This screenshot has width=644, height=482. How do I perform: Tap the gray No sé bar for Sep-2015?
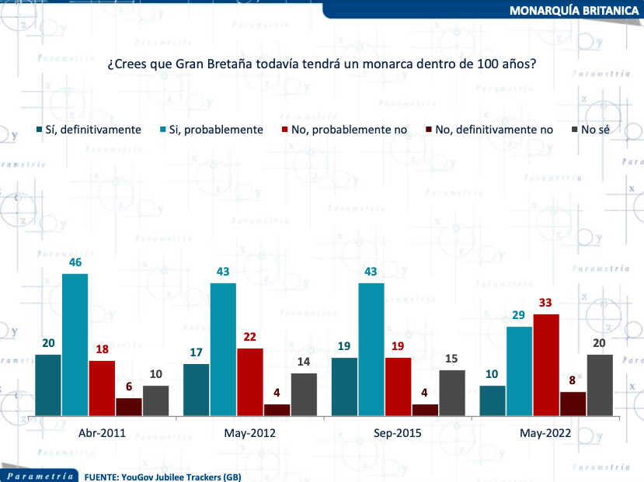coord(451,393)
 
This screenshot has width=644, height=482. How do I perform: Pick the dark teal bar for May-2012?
coord(197,390)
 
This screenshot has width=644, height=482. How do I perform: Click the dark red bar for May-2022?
coord(573,404)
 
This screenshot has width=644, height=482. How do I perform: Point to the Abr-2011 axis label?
coord(103,433)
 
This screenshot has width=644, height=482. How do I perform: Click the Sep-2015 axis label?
coord(399,433)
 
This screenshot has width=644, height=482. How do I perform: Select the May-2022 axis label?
coord(546,433)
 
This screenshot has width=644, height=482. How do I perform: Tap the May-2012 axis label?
coord(250,433)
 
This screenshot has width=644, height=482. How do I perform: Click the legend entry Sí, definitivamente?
coord(92,130)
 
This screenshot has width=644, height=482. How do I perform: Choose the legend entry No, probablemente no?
coord(349,130)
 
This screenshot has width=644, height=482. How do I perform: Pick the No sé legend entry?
coord(594,130)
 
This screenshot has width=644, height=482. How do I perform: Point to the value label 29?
coord(519,316)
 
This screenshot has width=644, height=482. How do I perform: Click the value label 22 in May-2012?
coord(250,338)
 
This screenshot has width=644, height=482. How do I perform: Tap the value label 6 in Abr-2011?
coord(129,387)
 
